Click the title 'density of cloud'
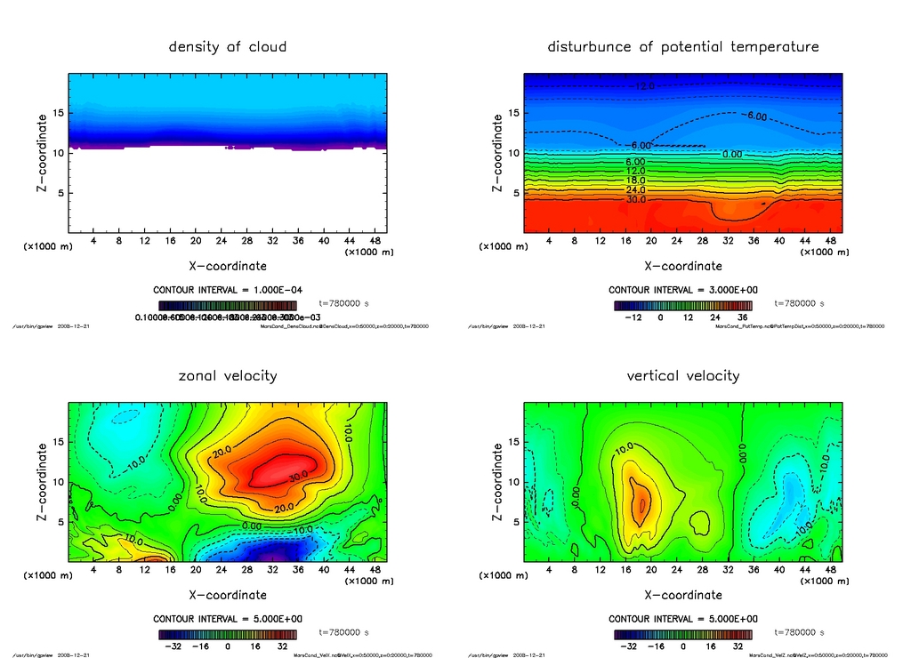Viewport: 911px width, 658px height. point(228,47)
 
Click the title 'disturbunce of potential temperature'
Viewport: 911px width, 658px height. point(683,47)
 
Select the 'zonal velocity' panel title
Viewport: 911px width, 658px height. point(228,376)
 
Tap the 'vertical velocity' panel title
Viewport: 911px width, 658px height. point(683,376)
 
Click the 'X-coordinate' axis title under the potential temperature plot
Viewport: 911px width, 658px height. point(683,265)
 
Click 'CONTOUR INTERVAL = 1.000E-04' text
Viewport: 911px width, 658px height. point(227,291)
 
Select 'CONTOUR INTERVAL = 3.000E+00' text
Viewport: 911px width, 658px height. point(682,291)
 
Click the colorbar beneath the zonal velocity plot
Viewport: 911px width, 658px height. point(227,635)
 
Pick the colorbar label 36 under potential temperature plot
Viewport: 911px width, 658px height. point(740,317)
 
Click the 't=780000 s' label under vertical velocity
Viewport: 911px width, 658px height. point(799,632)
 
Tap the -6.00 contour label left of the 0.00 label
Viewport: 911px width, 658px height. point(640,146)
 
